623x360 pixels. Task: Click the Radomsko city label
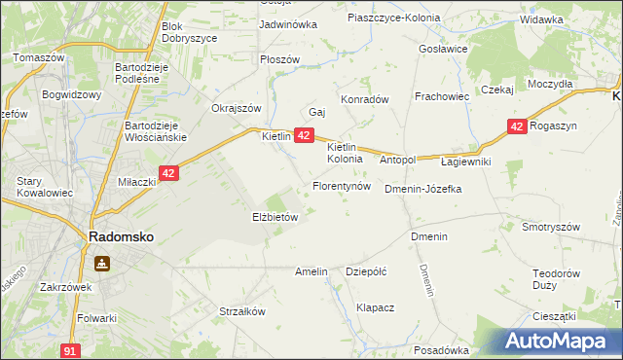pos(120,236)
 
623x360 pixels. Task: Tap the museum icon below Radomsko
pos(101,263)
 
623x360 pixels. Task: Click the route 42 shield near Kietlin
pos(304,136)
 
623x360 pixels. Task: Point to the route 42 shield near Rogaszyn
pos(517,126)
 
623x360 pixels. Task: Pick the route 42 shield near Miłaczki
pos(168,173)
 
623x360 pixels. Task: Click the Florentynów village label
pos(341,185)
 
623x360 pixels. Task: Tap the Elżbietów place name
pos(275,218)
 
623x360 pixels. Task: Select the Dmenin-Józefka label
pos(422,189)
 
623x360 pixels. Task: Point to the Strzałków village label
pos(242,312)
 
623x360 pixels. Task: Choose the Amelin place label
pos(311,271)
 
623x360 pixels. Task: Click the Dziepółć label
pos(367,271)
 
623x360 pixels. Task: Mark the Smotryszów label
pos(551,227)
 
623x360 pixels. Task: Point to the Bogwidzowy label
pos(72,95)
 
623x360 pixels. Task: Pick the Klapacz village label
pos(375,307)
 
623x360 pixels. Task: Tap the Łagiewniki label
pos(466,161)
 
